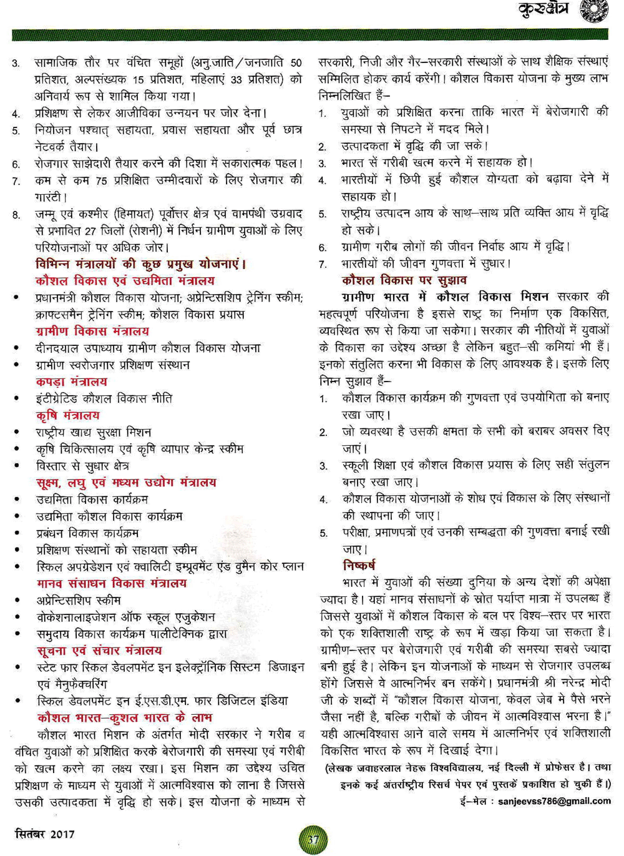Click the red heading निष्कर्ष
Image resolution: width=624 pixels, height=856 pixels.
[x=359, y=566]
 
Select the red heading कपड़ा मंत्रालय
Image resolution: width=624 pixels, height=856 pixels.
[x=71, y=381]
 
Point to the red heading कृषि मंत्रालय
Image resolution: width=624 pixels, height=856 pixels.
[x=67, y=415]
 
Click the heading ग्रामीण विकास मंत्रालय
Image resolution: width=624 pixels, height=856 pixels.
[x=92, y=331]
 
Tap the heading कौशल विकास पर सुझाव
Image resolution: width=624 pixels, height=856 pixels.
[x=404, y=280]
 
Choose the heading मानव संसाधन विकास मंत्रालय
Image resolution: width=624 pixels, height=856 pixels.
[x=111, y=583]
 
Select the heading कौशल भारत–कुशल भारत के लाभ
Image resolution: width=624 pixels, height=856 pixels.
[x=124, y=718]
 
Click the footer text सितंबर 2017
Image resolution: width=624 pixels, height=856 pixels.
[x=44, y=834]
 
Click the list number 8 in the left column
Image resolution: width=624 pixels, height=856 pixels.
[x=16, y=215]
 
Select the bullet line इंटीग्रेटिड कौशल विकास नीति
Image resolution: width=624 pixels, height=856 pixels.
[x=104, y=398]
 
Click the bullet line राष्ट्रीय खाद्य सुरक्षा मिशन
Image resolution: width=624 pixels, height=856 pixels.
[x=93, y=432]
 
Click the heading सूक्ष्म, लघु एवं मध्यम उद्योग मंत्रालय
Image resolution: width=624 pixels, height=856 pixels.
[x=126, y=483]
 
